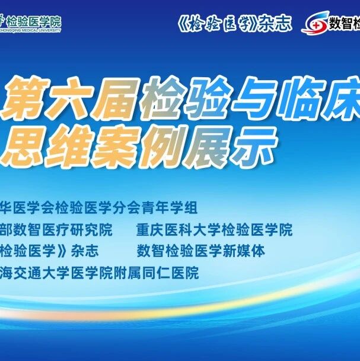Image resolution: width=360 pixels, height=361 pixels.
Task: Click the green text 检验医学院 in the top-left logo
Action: pyautogui.click(x=34, y=22)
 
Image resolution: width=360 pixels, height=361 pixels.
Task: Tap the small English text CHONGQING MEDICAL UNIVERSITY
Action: pyautogui.click(x=30, y=30)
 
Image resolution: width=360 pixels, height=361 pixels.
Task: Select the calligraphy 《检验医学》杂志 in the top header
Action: pyautogui.click(x=235, y=24)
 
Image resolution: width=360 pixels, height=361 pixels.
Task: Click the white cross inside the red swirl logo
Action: pyautogui.click(x=317, y=26)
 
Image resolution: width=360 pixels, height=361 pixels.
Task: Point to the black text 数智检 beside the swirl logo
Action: pyautogui.click(x=345, y=23)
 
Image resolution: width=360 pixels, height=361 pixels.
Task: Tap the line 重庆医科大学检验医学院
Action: pyautogui.click(x=214, y=229)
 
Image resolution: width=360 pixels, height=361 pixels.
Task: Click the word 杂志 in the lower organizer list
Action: pyautogui.click(x=85, y=251)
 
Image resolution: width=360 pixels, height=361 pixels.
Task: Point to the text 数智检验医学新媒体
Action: pyautogui.click(x=201, y=251)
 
